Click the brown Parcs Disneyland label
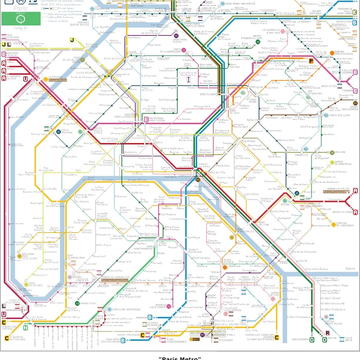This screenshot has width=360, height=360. [x=337, y=191]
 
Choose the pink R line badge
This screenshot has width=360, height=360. [x=328, y=333]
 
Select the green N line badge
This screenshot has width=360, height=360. [x=25, y=328]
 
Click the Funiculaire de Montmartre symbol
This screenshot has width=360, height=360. [x=189, y=80]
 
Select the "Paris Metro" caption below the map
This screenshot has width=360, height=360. [x=180, y=358]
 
